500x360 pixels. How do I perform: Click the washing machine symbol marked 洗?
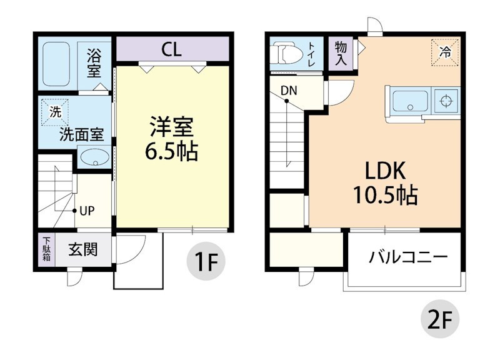click(x=56, y=114)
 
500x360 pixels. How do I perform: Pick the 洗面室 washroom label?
click(x=81, y=134)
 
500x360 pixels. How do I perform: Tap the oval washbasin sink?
click(x=94, y=157)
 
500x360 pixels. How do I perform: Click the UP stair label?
click(x=86, y=211)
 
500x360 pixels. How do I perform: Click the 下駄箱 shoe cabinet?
click(x=46, y=250)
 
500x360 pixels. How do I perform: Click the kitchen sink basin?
click(x=410, y=101)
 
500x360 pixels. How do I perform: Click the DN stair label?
click(x=288, y=91)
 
